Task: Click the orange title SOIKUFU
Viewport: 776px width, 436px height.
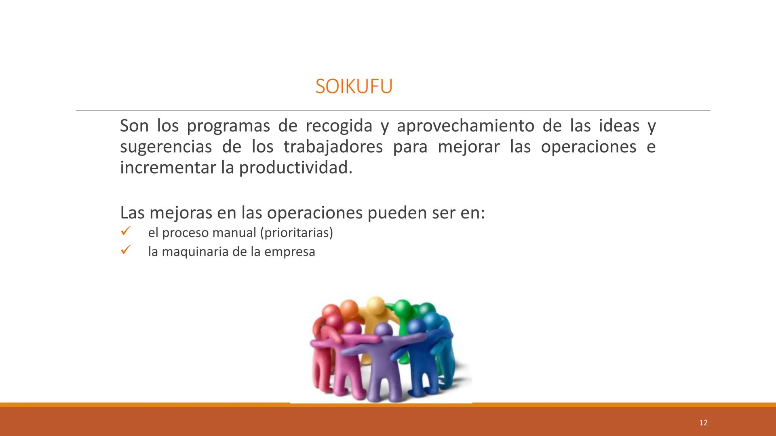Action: pos(354,86)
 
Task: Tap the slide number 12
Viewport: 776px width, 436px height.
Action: pos(703,423)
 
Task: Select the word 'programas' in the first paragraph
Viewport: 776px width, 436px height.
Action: pos(228,126)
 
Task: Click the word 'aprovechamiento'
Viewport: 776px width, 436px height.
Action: pos(465,126)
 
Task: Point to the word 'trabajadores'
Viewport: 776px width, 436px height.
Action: pos(333,147)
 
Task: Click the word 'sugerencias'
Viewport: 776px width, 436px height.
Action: pos(166,147)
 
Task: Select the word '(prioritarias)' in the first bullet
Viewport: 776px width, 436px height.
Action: pos(297,233)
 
